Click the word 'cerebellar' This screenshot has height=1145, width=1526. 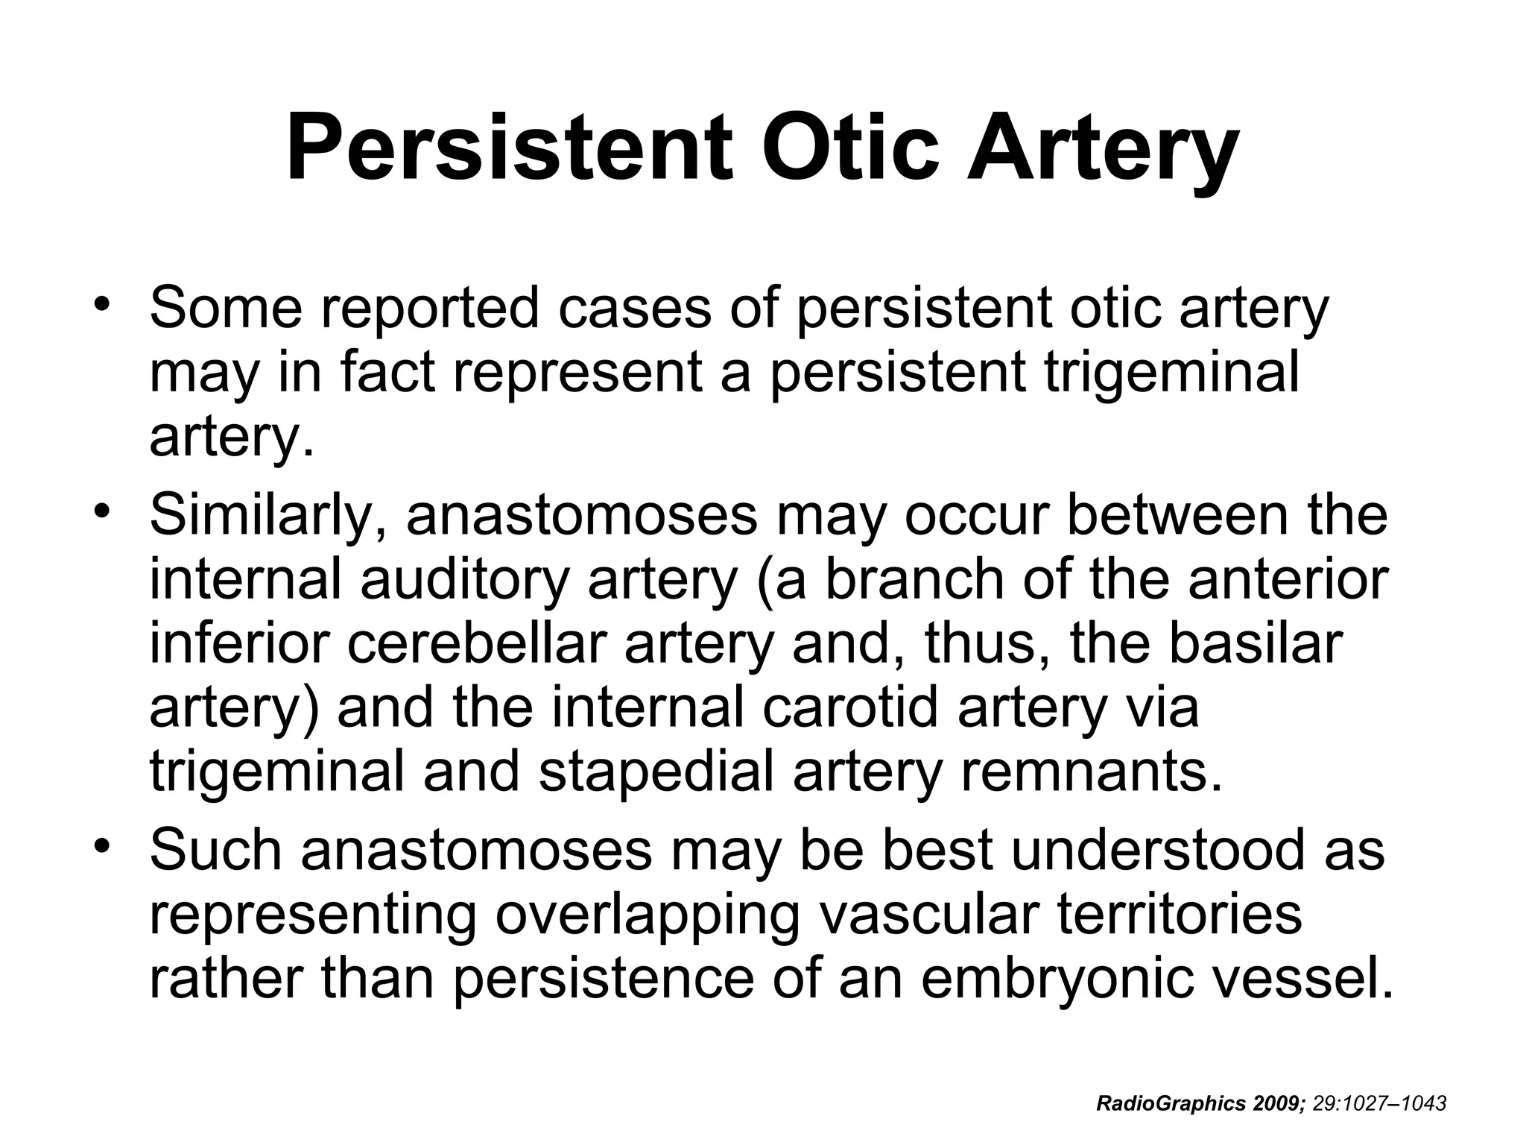coord(475,644)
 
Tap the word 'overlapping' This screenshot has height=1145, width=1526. coord(646,916)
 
